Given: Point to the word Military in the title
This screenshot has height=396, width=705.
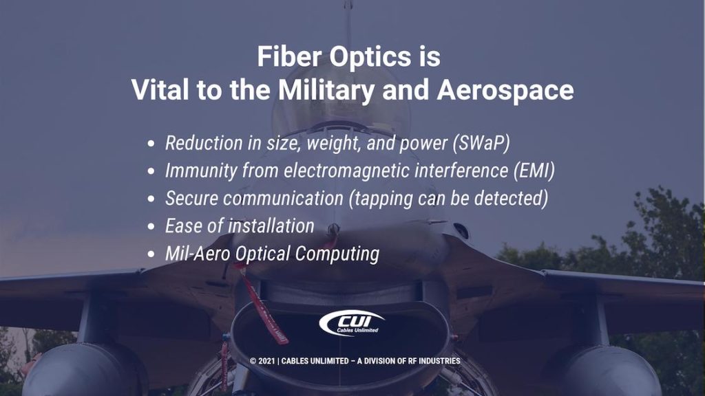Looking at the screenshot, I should click(330, 91).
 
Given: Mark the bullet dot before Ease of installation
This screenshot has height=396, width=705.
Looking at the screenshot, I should click(151, 226).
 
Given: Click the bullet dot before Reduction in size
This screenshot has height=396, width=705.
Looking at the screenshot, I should click(151, 144).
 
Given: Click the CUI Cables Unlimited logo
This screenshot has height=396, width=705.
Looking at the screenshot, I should click(352, 322).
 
